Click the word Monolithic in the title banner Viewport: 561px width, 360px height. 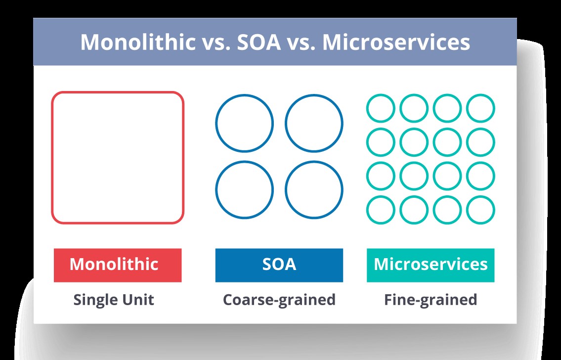click(138, 43)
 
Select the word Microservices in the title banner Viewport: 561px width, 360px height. click(396, 43)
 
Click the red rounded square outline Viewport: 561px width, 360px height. click(118, 157)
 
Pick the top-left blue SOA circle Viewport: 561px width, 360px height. click(244, 123)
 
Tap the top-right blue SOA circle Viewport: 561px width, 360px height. click(314, 123)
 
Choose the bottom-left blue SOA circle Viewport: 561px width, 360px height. click(244, 190)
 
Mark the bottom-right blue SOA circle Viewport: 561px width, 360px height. click(314, 190)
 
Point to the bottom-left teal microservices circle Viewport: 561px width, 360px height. click(381, 210)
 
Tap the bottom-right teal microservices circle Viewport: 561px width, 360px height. click(480, 210)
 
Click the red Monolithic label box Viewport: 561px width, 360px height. click(118, 265)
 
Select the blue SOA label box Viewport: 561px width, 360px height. click(279, 265)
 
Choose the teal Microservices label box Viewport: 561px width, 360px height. click(431, 265)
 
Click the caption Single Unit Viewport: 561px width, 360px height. click(114, 300)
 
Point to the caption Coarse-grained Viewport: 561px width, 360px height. click(279, 300)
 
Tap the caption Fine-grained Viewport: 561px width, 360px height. click(431, 300)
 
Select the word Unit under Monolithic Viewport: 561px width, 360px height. click(139, 300)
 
